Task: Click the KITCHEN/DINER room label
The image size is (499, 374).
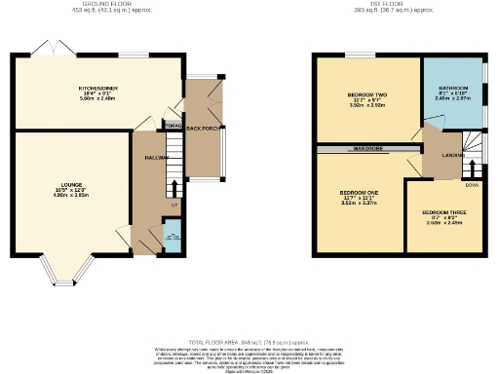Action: coord(97,89)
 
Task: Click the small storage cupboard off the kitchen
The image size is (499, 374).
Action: coord(173,126)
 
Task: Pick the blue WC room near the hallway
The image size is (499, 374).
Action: coord(172,238)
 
